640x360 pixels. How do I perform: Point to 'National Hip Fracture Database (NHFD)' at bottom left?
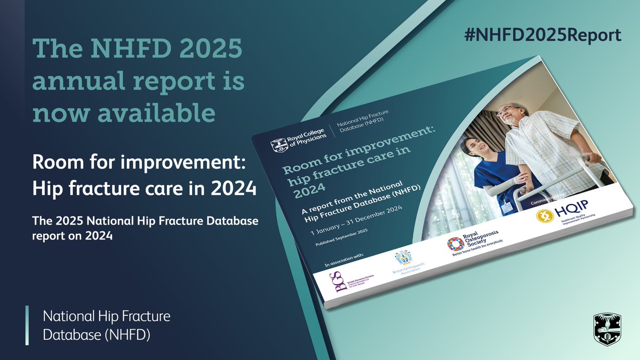click(x=107, y=325)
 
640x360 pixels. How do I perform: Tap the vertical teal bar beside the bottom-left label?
click(x=27, y=325)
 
